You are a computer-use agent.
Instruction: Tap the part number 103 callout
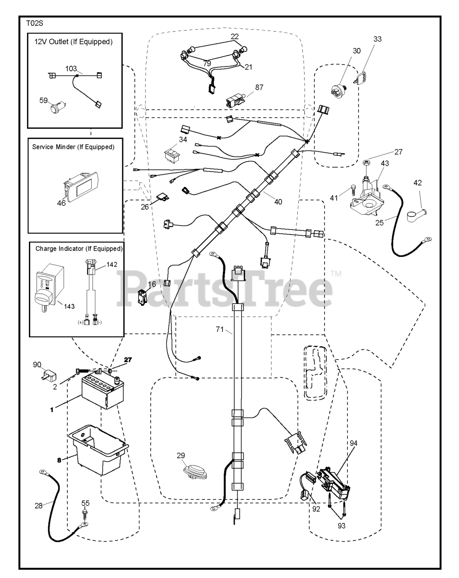71,68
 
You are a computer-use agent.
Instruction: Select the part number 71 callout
219,330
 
